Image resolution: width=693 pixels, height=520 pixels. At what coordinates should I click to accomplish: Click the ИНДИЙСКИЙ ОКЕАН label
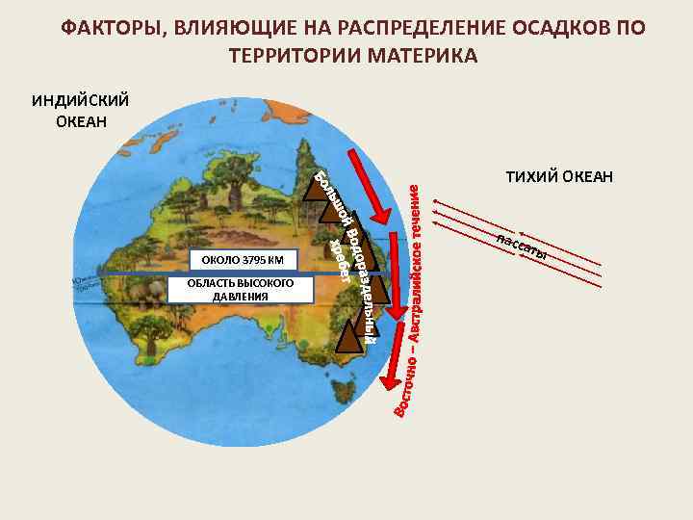(x=80, y=110)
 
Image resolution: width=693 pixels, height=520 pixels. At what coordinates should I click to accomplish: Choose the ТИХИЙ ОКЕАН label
(x=558, y=176)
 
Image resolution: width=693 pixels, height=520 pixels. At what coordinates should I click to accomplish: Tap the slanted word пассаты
(x=522, y=247)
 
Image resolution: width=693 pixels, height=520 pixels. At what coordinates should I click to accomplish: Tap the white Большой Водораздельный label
(x=357, y=255)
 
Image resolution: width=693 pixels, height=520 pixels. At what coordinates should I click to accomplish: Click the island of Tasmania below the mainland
(x=338, y=390)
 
